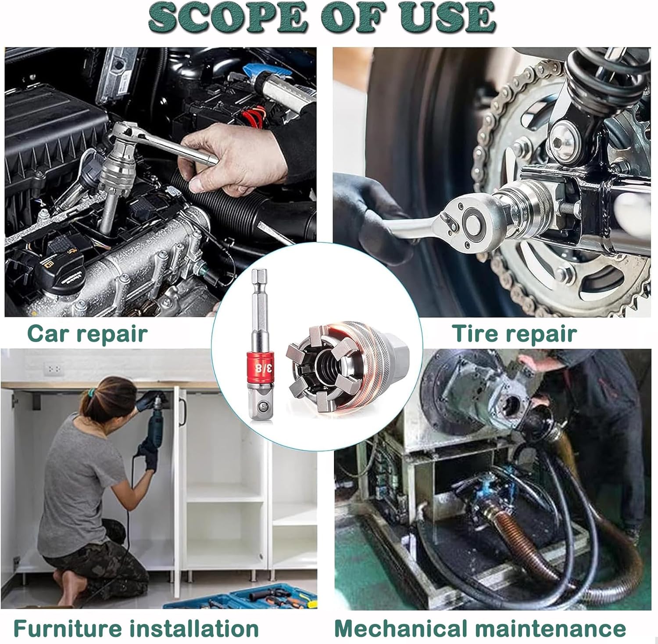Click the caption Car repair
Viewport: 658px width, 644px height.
coord(87,334)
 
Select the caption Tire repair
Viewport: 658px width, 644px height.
coord(514,334)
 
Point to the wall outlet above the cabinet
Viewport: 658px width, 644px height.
coord(54,368)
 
